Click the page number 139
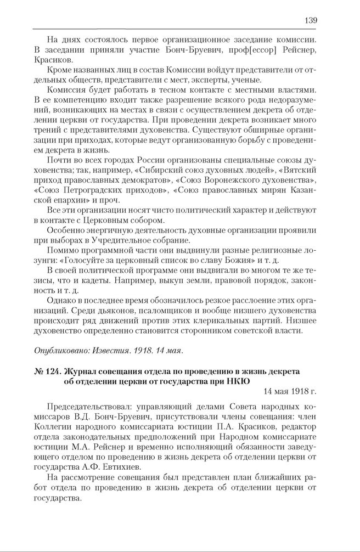click(x=310, y=20)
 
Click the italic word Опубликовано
click(x=59, y=350)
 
